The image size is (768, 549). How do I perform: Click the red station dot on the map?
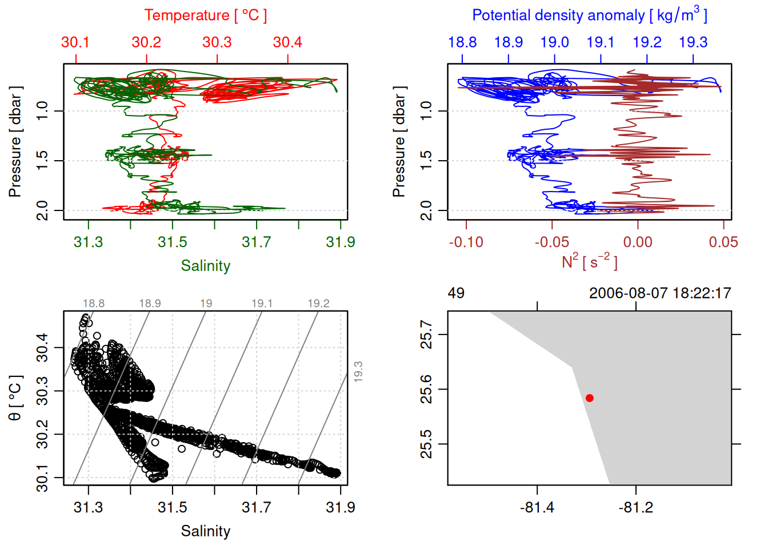click(589, 398)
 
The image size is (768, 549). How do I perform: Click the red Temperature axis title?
click(205, 15)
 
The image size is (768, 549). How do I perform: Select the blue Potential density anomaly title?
click(589, 15)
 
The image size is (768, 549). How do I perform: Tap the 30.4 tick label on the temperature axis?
click(287, 42)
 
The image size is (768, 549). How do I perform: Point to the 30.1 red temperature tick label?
click(75, 42)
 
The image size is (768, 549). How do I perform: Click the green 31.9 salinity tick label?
click(341, 242)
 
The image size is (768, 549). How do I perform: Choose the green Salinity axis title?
click(205, 266)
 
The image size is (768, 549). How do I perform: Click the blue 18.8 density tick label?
click(462, 42)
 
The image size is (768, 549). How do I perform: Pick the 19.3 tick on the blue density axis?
click(693, 42)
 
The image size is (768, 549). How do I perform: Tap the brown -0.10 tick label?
click(466, 242)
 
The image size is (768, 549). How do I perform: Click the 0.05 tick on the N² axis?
click(723, 242)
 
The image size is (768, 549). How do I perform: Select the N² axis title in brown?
click(589, 261)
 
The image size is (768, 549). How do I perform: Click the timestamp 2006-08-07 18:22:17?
click(660, 293)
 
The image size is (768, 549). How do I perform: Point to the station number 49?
click(456, 293)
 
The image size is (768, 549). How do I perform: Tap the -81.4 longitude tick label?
click(537, 507)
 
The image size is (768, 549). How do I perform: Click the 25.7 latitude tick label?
click(426, 335)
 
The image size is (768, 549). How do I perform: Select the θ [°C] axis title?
click(15, 398)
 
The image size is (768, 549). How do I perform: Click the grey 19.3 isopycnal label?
click(358, 372)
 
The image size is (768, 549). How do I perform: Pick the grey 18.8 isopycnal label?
click(94, 304)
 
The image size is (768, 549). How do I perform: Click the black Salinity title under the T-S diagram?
click(205, 531)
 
